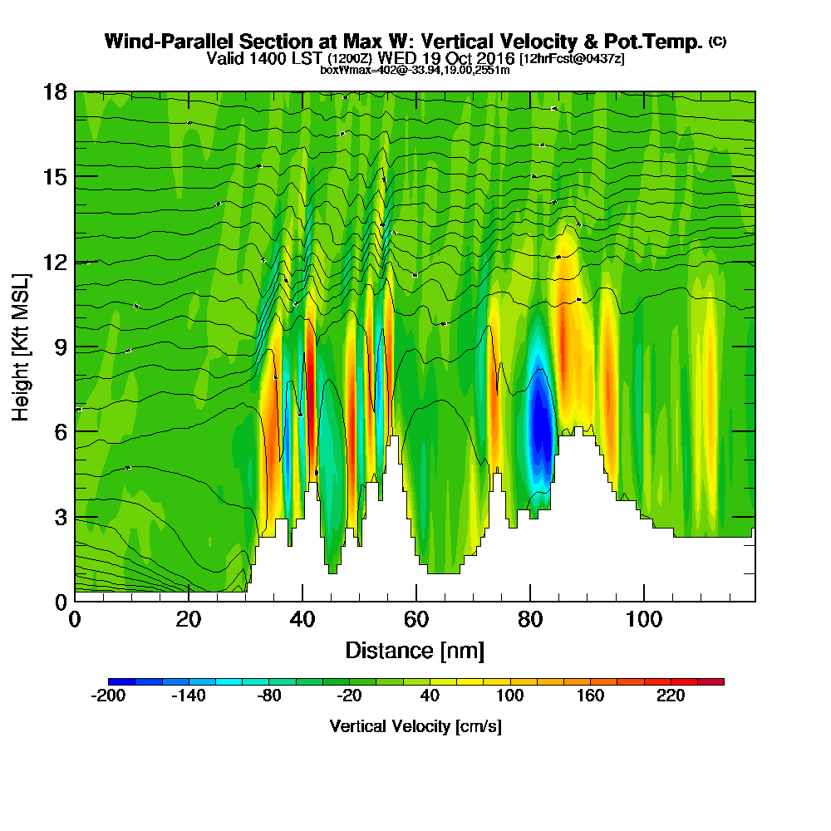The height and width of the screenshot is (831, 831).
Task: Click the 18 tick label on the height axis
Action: click(55, 91)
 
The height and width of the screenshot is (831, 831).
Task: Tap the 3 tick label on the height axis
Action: click(61, 517)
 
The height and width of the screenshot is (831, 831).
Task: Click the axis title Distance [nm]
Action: click(415, 650)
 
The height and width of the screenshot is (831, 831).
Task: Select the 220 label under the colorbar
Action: click(671, 696)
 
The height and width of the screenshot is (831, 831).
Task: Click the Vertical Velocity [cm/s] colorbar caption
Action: click(415, 726)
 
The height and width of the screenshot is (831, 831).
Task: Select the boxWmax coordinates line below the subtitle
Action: click(415, 70)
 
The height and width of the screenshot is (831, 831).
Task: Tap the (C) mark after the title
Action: click(717, 41)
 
